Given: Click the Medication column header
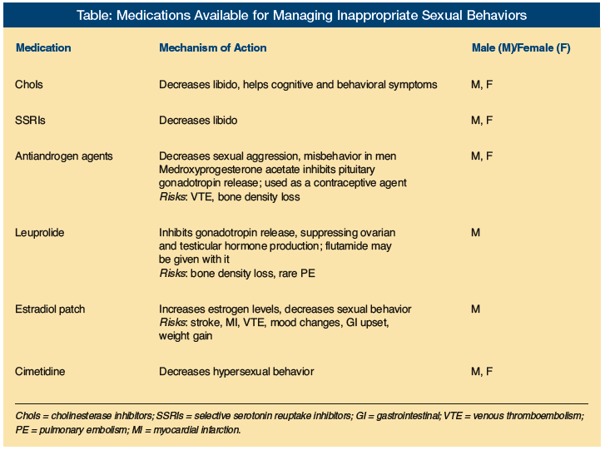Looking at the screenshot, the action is coord(43,47).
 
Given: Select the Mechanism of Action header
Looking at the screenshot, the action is coord(212,47).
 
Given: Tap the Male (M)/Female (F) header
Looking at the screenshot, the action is coord(521,48).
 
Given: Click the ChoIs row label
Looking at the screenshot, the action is coord(29,85).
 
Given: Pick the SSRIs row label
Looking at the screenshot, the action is coord(30,121).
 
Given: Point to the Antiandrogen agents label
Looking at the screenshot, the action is coord(64,156).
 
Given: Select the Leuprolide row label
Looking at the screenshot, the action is coord(39,233).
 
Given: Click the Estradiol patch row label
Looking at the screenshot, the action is coord(50,309).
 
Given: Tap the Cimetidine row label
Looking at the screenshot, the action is coord(40,371).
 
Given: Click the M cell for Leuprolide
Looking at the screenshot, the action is coord(476,233).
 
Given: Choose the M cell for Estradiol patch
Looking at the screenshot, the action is coord(476,309).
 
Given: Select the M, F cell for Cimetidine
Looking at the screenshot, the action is coord(482,372).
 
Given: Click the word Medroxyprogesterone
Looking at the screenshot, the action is coord(210,170).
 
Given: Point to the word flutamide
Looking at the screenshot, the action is coord(346,246).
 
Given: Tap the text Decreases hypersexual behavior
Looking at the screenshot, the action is coord(236,371).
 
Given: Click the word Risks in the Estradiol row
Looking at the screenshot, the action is coord(172,323).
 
